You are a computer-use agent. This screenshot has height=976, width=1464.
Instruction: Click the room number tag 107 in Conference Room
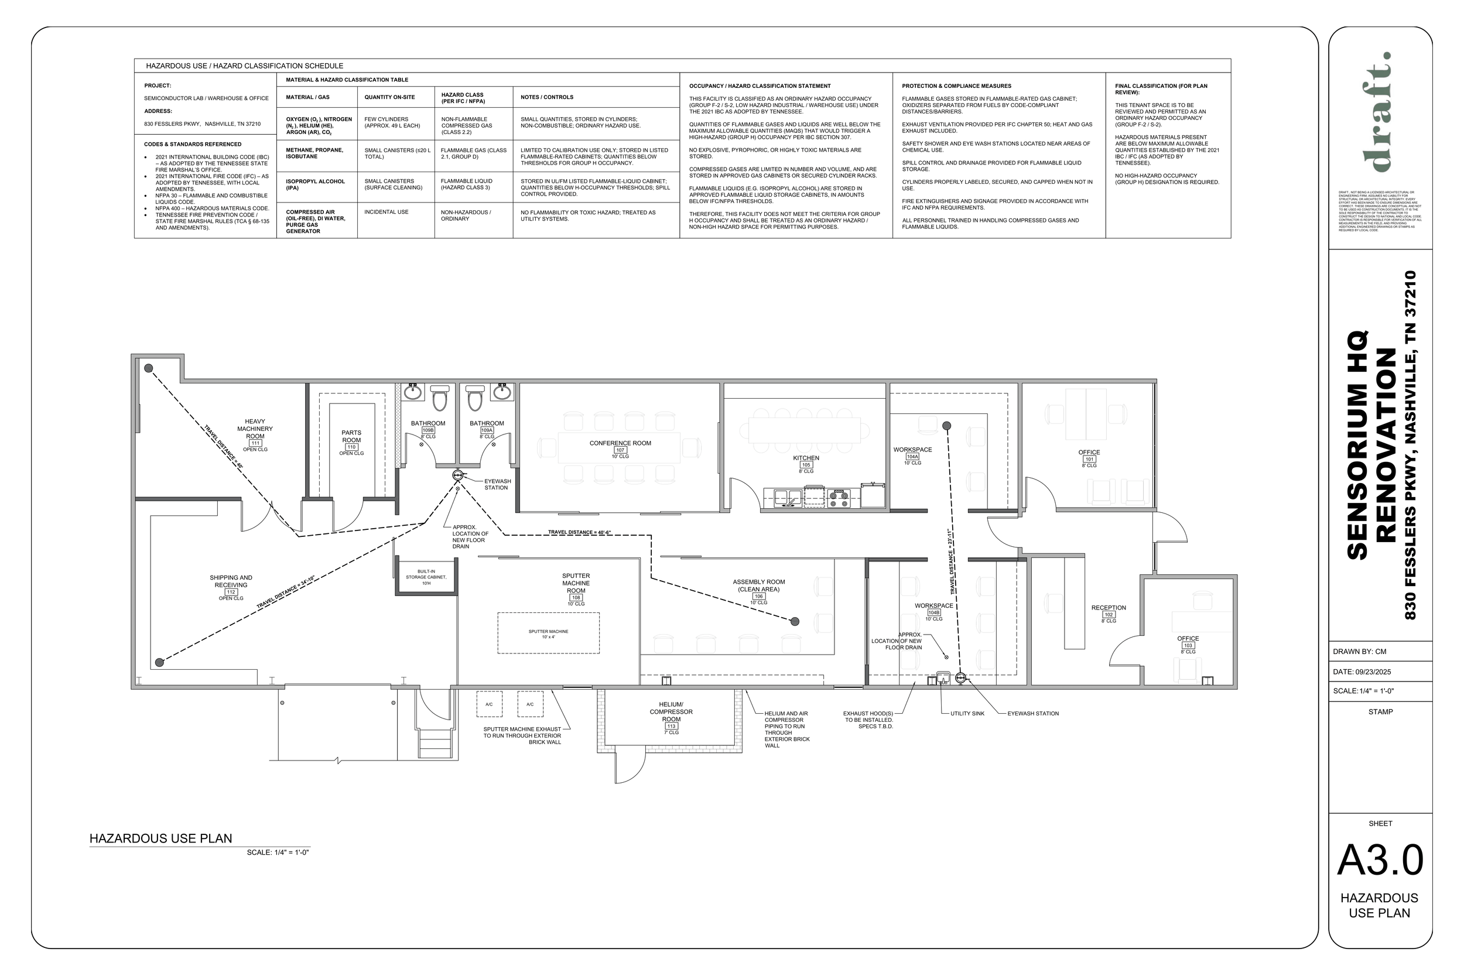(x=620, y=450)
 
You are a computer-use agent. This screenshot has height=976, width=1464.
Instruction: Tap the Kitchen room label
(x=805, y=458)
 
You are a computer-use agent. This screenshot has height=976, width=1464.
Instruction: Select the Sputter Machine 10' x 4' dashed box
(x=548, y=633)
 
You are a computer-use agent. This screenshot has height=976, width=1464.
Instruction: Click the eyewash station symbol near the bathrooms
(x=458, y=475)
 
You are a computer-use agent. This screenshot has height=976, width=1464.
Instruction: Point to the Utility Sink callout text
(x=967, y=713)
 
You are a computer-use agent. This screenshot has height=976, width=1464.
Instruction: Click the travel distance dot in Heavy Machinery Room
(x=149, y=368)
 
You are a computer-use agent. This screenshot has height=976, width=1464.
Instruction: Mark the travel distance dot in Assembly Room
(x=795, y=621)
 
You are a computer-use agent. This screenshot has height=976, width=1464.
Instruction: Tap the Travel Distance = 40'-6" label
(x=579, y=533)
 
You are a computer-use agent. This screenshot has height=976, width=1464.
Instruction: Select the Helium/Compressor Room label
(x=671, y=712)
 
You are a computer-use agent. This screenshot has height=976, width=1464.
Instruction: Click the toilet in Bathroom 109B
(x=439, y=398)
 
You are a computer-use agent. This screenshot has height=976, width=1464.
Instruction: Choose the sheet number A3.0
(x=1380, y=861)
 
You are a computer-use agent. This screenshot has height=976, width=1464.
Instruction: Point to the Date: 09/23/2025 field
(x=1362, y=672)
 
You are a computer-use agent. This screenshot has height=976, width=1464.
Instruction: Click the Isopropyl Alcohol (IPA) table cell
(x=316, y=184)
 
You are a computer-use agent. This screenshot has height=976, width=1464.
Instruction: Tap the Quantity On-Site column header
(x=389, y=97)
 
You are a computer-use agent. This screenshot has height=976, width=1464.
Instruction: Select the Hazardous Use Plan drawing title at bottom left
(x=160, y=838)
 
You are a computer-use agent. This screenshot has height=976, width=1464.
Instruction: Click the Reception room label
(x=1109, y=608)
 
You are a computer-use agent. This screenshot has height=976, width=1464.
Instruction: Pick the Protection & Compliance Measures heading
(x=956, y=86)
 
